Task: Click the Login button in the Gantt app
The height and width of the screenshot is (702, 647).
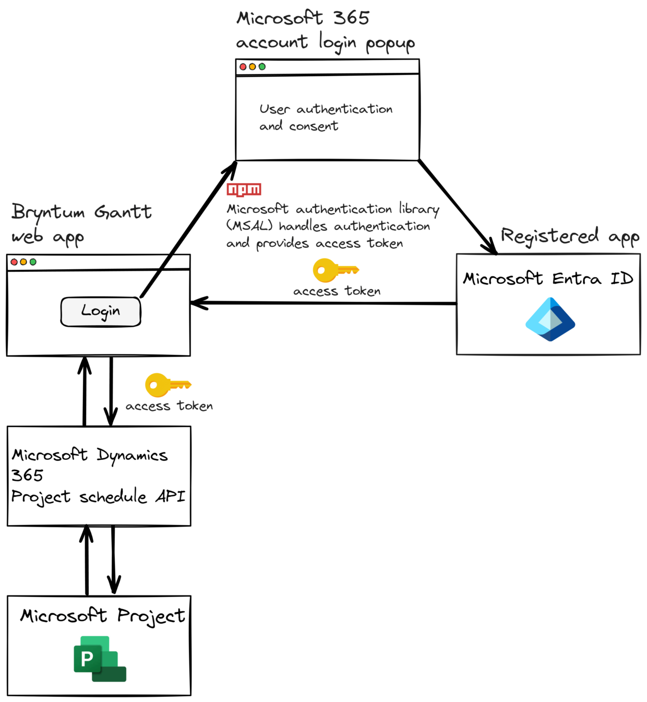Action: coord(101,312)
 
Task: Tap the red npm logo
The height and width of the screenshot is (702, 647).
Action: coord(244,189)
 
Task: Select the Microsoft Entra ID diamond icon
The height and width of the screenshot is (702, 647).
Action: coord(550,319)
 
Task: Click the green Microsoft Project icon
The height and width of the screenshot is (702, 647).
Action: coord(100,659)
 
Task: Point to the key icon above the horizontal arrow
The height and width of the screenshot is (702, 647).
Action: coord(335,270)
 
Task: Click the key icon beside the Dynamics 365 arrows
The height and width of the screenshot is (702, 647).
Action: coord(167,385)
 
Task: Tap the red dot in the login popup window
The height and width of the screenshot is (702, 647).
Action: coord(243,67)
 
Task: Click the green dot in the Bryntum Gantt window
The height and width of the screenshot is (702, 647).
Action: coord(33,262)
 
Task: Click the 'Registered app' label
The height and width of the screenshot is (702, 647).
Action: coord(569,236)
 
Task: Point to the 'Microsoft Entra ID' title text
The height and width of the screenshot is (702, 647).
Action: coord(548,279)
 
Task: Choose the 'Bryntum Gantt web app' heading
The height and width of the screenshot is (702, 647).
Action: coord(81,223)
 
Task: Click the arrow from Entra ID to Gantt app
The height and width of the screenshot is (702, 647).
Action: coord(323,303)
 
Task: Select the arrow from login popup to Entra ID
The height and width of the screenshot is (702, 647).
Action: coord(457,207)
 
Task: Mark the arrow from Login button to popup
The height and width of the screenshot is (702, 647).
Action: coord(188,230)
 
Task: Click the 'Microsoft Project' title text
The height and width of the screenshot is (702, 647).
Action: coord(102,616)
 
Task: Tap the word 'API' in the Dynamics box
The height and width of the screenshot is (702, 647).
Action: coord(170,496)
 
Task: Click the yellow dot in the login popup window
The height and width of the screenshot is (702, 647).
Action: coord(253,67)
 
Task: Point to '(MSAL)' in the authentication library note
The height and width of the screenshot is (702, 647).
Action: coord(249,226)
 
